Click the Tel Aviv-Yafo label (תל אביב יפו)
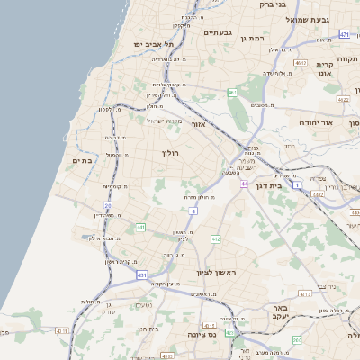click(x=151, y=43)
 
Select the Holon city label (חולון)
click(x=173, y=154)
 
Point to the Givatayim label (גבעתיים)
click(x=218, y=33)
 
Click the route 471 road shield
click(x=345, y=34)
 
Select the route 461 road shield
click(x=232, y=93)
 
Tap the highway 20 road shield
click(x=108, y=206)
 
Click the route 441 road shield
click(x=140, y=227)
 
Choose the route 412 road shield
click(x=215, y=238)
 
